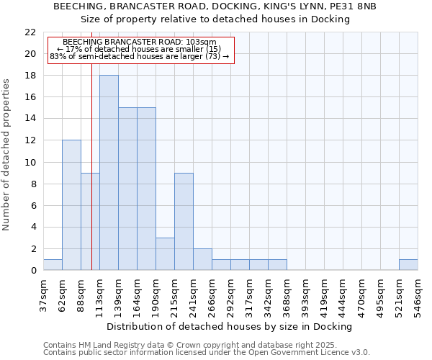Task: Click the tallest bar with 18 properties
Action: (109, 173)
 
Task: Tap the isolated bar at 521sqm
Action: (408, 265)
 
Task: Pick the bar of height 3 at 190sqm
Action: (165, 254)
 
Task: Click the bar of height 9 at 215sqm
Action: (184, 222)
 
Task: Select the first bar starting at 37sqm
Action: (53, 265)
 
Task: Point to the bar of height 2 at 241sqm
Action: (202, 259)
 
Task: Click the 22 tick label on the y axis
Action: (30, 32)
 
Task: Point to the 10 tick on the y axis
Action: (30, 163)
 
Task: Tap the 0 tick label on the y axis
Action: (32, 271)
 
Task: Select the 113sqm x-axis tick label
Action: (99, 295)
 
